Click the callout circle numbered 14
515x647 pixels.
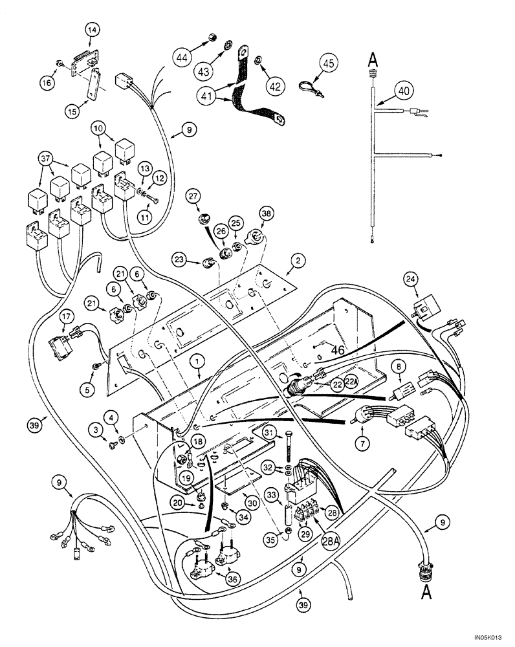click(x=91, y=29)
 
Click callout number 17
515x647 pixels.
click(x=67, y=316)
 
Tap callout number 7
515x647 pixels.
click(x=360, y=444)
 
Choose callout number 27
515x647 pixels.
click(x=193, y=196)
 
